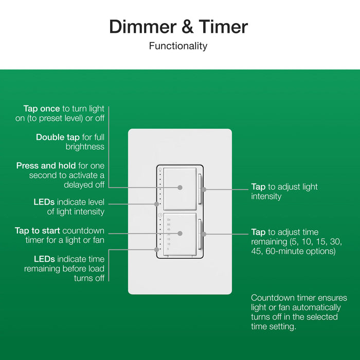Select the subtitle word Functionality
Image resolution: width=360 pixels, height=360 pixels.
click(x=178, y=46)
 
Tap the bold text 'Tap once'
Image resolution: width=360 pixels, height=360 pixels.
click(x=42, y=109)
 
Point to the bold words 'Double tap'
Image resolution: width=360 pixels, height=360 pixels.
click(x=58, y=137)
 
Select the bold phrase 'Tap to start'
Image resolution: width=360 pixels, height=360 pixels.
click(x=39, y=230)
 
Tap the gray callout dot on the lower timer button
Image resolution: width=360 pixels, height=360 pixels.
click(x=180, y=233)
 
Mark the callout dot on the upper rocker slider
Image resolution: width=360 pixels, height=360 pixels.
click(x=204, y=189)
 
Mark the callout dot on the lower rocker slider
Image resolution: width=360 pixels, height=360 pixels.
click(x=204, y=234)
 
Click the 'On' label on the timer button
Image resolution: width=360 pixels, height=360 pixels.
click(x=169, y=220)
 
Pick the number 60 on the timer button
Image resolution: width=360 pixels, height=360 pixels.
click(x=169, y=225)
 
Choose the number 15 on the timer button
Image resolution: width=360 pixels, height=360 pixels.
click(x=169, y=239)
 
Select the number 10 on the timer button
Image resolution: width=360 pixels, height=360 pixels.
click(x=169, y=244)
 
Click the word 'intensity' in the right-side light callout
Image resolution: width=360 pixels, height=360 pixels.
click(x=266, y=196)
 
